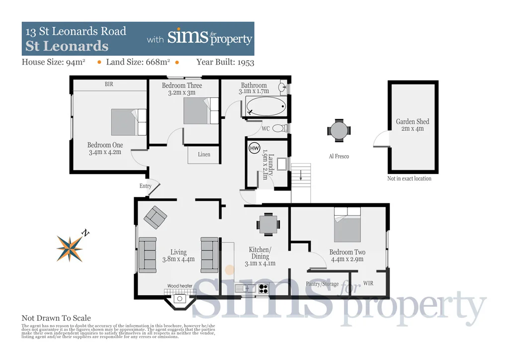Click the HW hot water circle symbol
pyautogui.click(x=254, y=148)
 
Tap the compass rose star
pyautogui.click(x=70, y=248)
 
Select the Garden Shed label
pyautogui.click(x=413, y=121)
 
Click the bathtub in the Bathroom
pyautogui.click(x=266, y=106)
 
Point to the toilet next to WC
pyautogui.click(x=280, y=128)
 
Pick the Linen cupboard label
pyautogui.click(x=204, y=155)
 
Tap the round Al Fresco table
pyautogui.click(x=339, y=131)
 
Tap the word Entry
pyautogui.click(x=146, y=186)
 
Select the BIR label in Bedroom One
pyautogui.click(x=109, y=85)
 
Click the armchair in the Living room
pyautogui.click(x=156, y=217)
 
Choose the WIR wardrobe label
pyautogui.click(x=368, y=283)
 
